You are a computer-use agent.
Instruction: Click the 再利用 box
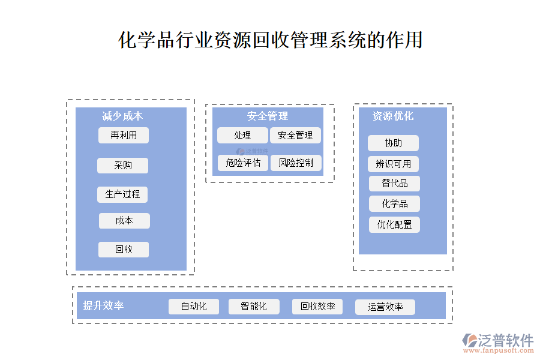tap(124, 136)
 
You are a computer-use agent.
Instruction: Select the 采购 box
tap(123, 166)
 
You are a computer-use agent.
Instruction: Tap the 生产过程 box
tap(122, 194)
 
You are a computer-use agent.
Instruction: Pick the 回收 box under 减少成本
tap(124, 250)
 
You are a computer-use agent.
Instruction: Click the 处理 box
tap(242, 136)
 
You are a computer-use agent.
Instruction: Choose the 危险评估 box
tap(243, 163)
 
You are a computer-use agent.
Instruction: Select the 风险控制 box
tap(296, 163)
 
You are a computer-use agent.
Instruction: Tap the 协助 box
tap(393, 143)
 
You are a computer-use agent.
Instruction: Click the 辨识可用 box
tap(393, 164)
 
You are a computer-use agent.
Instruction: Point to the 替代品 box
tap(394, 184)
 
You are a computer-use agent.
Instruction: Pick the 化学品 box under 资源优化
tap(394, 204)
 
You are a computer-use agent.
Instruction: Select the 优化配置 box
tap(394, 225)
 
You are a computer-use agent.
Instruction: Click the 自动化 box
tap(194, 307)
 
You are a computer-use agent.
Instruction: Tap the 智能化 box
tap(254, 307)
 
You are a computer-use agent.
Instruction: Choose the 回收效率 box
tap(317, 307)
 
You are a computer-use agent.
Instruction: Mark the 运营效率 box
tap(385, 307)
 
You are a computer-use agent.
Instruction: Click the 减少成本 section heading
tap(122, 116)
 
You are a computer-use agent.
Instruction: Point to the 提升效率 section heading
tap(103, 306)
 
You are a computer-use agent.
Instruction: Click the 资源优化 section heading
tap(393, 116)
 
